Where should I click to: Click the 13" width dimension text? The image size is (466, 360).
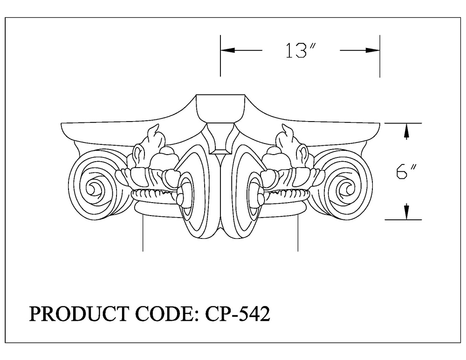click(x=300, y=50)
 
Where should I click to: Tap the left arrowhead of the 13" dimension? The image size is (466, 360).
click(x=228, y=50)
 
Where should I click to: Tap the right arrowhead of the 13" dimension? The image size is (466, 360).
click(x=372, y=50)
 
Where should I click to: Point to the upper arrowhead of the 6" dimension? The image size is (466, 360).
click(x=406, y=131)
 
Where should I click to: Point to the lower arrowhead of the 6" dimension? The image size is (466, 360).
click(x=406, y=211)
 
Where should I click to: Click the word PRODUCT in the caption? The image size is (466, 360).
click(x=79, y=314)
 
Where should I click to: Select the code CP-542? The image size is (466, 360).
click(x=238, y=314)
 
